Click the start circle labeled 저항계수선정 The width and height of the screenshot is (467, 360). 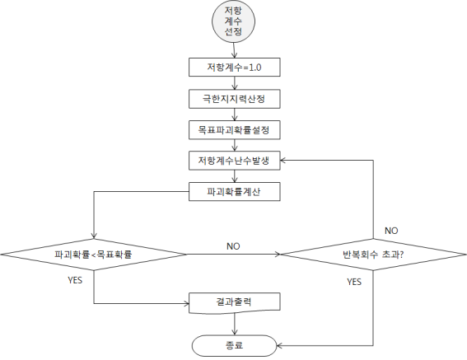(234, 21)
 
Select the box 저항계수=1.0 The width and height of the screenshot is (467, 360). (235, 68)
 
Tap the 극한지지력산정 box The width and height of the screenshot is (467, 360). (235, 99)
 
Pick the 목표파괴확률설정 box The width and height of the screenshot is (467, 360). (235, 130)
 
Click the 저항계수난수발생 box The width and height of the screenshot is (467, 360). (235, 161)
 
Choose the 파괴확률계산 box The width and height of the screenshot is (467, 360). (235, 192)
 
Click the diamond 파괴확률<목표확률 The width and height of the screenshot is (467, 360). (94, 255)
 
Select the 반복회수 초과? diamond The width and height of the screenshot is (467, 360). (373, 255)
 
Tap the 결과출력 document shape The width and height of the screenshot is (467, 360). (235, 303)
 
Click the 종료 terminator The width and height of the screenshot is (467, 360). (235, 346)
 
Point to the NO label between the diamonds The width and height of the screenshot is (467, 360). (233, 246)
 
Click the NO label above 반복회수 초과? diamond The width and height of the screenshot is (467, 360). (391, 231)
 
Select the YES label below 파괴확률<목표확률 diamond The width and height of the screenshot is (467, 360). (75, 280)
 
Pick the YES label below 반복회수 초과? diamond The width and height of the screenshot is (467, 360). (354, 282)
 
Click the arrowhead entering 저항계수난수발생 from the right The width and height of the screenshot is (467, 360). (283, 161)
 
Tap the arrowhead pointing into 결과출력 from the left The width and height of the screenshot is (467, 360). (186, 304)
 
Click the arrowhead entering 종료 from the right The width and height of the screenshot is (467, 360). (279, 346)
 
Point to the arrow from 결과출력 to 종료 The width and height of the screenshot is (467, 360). (235, 324)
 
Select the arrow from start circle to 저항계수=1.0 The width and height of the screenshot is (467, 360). (234, 50)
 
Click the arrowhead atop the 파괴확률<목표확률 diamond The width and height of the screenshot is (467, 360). (94, 236)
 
